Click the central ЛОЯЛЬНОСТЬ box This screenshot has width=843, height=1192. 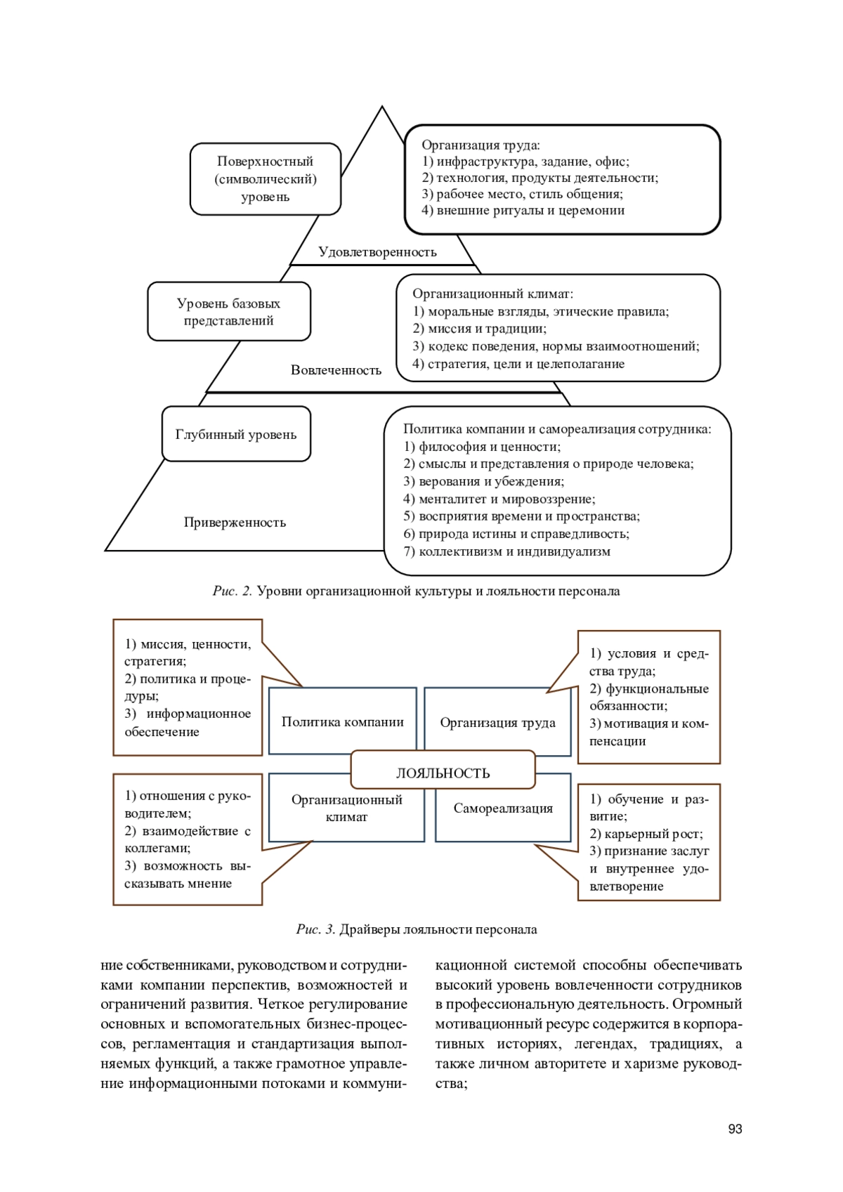443,773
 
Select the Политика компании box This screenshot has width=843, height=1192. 342,722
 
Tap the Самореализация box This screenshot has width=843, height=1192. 503,808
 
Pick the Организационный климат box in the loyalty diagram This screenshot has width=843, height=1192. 346,808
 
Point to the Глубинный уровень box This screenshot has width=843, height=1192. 236,434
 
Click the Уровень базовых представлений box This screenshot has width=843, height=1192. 229,312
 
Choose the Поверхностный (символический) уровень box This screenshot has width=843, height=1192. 266,179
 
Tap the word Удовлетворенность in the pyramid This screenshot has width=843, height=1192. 377,252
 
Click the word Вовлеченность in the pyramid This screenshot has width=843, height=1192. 336,370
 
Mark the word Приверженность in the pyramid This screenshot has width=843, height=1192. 235,523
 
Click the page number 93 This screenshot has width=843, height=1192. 735,1129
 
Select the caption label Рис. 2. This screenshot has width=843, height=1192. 233,591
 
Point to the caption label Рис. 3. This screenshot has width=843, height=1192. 316,930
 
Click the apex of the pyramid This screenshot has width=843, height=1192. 382,108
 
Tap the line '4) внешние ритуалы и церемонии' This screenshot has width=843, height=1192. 523,211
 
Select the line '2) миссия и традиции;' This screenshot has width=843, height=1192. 479,329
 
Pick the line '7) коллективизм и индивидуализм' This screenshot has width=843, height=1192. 507,551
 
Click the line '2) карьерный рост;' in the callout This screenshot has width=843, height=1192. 646,834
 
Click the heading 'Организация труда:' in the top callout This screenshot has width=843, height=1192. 481,145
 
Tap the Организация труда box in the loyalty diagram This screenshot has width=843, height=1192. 497,723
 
